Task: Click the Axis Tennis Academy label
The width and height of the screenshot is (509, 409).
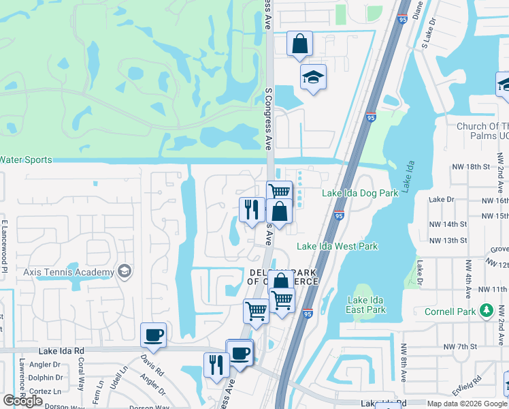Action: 69,273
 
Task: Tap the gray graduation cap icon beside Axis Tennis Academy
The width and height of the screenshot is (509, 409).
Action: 124,272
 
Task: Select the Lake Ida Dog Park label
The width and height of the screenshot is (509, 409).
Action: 359,194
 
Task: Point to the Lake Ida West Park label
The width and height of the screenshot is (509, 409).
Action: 338,246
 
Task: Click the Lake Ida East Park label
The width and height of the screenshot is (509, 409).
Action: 366,305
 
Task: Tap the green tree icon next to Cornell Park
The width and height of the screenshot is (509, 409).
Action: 486,312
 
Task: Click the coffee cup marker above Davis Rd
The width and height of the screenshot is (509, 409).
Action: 152,335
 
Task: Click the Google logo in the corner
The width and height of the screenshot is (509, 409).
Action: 22,401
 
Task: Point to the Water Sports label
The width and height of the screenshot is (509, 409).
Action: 26,160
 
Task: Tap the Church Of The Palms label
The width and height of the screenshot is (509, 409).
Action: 482,131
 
